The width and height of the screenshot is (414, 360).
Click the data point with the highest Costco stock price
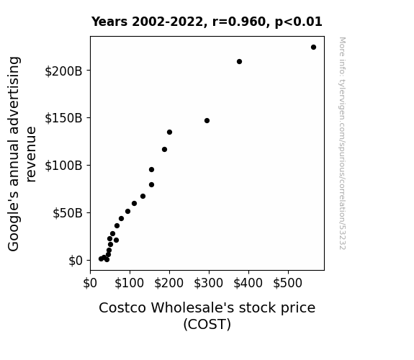point(313,48)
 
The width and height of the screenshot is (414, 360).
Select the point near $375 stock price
point(239,61)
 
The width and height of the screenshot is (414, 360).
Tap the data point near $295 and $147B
point(207,120)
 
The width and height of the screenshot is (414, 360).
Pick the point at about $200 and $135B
point(169,132)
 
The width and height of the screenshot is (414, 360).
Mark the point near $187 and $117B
point(164,150)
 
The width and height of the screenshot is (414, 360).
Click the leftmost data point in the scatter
point(101,259)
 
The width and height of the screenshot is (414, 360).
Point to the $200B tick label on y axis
point(63,71)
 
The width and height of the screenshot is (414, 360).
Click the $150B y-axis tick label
point(63,118)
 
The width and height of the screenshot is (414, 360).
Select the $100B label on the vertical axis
point(63,166)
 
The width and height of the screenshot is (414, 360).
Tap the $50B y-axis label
point(68,213)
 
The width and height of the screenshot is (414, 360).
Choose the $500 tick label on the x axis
point(287,283)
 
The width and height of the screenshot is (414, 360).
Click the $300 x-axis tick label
point(208,283)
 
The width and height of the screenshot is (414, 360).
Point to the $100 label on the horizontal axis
point(129,283)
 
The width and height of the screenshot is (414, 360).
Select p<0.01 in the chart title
point(299,22)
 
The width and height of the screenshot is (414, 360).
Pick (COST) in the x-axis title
point(207,324)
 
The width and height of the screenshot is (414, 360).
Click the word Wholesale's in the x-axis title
point(192,307)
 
